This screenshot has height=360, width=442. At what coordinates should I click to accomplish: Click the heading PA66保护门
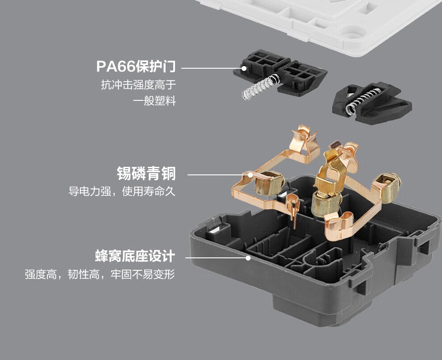pos(136,66)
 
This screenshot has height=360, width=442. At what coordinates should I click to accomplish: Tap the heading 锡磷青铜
pos(146,173)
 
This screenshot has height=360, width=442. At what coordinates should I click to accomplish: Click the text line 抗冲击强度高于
pos(138,84)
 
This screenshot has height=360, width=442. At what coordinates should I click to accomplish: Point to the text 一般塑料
pos(154,100)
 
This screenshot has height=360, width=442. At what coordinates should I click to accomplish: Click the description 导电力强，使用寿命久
pos(122,191)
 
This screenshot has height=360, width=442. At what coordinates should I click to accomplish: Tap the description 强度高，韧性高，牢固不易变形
pos(100,274)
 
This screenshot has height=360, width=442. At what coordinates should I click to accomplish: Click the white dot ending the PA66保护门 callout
pos(244,68)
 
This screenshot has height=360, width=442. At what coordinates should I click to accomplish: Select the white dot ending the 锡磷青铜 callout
pos(250,175)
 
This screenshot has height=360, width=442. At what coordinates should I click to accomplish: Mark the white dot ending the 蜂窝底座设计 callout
pos(248,257)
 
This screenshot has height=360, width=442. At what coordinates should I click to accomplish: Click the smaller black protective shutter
pos(372,102)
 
